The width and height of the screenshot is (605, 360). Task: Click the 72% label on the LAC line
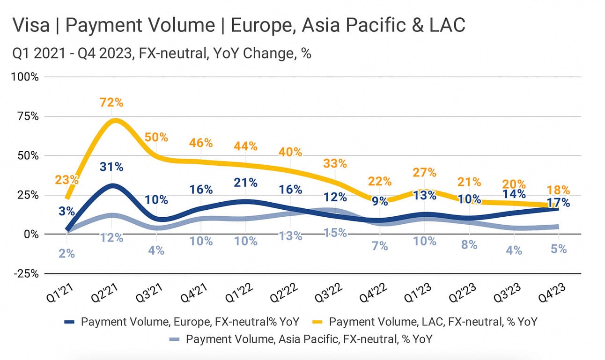click(111, 102)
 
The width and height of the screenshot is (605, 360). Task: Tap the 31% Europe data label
click(111, 167)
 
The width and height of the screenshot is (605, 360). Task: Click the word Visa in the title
click(30, 25)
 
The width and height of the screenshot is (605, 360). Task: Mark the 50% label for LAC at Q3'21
click(156, 137)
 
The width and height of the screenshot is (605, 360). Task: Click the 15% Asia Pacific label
click(335, 232)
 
